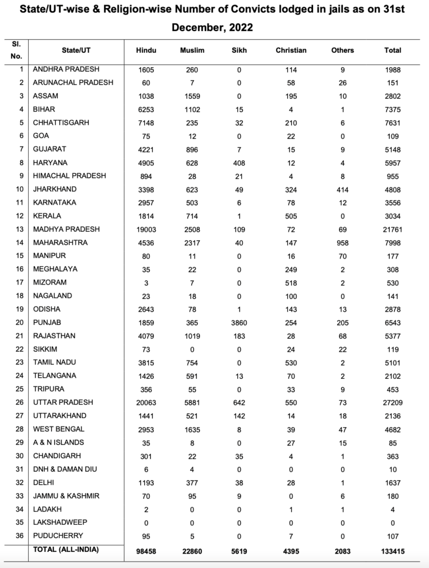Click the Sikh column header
point(239,50)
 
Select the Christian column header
point(290,50)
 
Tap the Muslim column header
point(192,50)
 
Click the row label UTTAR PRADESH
point(63,402)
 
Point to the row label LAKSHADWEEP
point(60,522)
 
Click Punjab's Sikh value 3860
point(239,322)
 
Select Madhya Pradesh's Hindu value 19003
point(146,229)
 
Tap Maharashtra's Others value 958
point(342,242)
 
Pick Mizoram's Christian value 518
point(290,282)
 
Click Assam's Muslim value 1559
point(192,96)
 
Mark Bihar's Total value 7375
point(392,109)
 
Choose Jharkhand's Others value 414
point(342,189)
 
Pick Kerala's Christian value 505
point(290,216)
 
